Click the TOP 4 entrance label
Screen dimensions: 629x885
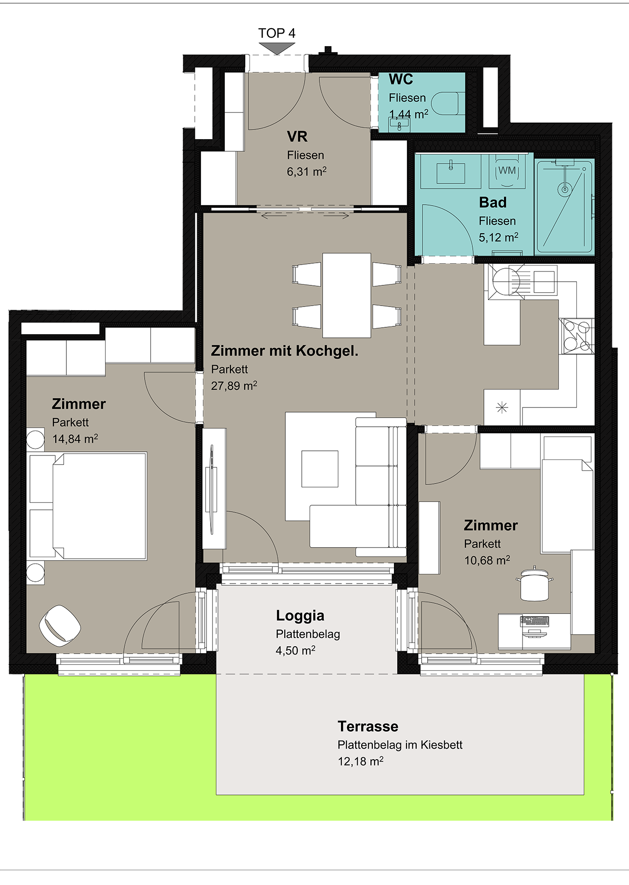[276, 33]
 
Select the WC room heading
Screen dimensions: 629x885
[401, 79]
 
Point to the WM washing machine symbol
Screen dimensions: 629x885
[507, 171]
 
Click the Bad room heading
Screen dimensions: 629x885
[493, 202]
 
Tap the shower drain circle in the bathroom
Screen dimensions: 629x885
[564, 189]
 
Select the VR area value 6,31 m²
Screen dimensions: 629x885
[306, 171]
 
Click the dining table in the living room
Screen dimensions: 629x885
[347, 295]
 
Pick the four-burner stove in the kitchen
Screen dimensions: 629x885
[576, 336]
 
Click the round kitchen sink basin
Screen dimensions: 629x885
[506, 281]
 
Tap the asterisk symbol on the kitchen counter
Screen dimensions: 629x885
[502, 407]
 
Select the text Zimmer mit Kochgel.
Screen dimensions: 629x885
[284, 351]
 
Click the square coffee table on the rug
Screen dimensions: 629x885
[320, 469]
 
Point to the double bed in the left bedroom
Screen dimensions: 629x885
[88, 506]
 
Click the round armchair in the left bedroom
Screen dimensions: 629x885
[60, 625]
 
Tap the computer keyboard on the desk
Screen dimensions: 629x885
[535, 621]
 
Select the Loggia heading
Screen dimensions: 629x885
[300, 616]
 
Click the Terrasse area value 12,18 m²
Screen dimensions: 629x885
[360, 761]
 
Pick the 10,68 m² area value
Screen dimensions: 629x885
[487, 560]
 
